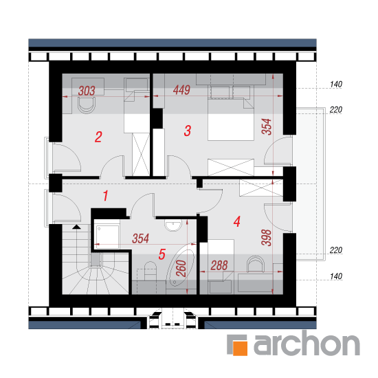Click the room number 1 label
point(105,195)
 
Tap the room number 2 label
point(98,137)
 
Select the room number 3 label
point(188,131)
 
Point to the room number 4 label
point(237,221)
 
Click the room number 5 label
point(162,254)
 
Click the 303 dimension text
point(87,91)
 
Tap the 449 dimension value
point(181,90)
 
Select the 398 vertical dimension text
point(266,238)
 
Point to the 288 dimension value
point(219,265)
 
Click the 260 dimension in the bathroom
point(181,268)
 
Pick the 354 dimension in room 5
point(140,238)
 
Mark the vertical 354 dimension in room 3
point(267,126)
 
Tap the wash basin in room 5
point(173,225)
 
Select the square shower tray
point(107,236)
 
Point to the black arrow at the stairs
point(77,227)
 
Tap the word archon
point(307,343)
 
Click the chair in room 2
point(87,105)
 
